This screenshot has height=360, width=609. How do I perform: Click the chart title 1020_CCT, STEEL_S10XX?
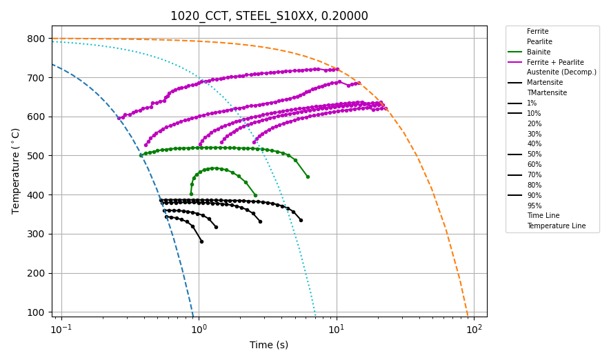click(x=269, y=16)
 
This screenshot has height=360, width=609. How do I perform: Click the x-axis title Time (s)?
click(x=269, y=345)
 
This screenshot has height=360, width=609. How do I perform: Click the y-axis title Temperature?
click(x=16, y=170)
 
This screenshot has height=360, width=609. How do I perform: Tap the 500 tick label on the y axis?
click(x=35, y=156)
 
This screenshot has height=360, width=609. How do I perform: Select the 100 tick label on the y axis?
click(x=35, y=312)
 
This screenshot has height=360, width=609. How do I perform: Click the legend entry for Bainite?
click(x=541, y=52)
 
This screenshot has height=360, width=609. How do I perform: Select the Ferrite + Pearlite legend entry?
click(x=555, y=62)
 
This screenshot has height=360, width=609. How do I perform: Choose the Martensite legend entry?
click(x=544, y=83)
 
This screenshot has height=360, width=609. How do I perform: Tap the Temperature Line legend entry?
click(x=556, y=226)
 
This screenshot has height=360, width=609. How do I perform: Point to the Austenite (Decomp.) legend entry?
click(x=561, y=72)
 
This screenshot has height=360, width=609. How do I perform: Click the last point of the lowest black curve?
click(x=201, y=241)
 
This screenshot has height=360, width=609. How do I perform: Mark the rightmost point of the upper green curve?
click(x=308, y=177)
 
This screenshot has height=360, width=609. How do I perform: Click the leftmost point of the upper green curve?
click(x=141, y=155)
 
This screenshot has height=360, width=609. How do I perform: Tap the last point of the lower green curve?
click(x=255, y=195)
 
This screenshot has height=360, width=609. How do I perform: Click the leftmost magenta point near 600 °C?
click(x=119, y=118)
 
